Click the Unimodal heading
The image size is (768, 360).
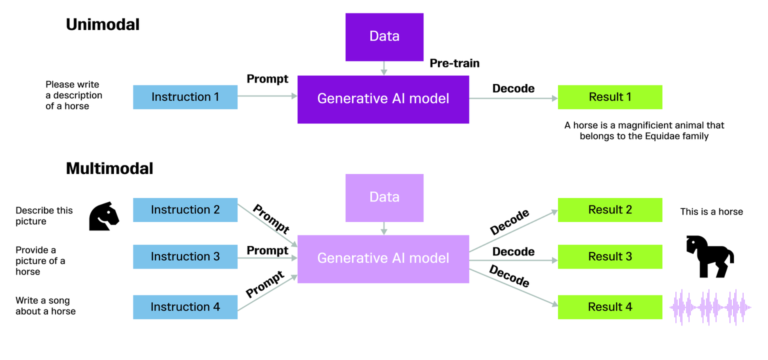tap(102, 24)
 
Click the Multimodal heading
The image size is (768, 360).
tap(109, 168)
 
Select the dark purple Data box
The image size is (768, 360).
tap(384, 36)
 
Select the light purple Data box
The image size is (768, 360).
tap(384, 197)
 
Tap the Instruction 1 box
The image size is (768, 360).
tap(185, 97)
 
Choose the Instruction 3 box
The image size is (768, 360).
tap(185, 256)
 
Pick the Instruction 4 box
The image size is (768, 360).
tap(185, 307)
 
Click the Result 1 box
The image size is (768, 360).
tap(609, 97)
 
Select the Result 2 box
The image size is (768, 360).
tap(609, 210)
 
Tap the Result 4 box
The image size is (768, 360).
tap(609, 307)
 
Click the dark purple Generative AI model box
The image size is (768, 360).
tap(383, 99)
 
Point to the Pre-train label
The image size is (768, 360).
tap(454, 63)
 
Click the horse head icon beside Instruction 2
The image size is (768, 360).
tap(104, 216)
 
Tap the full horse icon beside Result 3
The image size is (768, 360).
tap(708, 256)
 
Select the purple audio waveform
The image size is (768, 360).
tap(710, 307)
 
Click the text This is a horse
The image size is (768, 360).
tap(711, 212)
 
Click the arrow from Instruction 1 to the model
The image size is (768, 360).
tap(267, 97)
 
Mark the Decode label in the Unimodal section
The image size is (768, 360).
tap(513, 88)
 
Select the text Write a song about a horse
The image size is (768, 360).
tap(45, 306)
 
